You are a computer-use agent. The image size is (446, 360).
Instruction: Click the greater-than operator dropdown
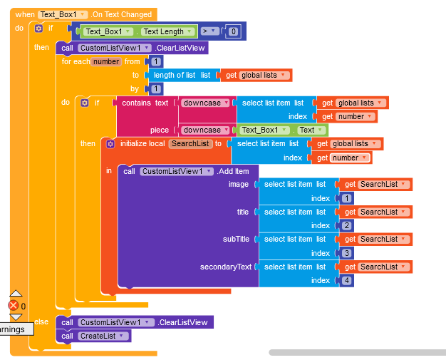pyautogui.click(x=209, y=31)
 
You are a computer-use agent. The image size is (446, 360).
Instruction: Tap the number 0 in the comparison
pyautogui.click(x=233, y=31)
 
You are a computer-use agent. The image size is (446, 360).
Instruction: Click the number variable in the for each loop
pyautogui.click(x=106, y=61)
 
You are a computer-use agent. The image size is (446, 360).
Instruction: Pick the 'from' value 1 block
pyautogui.click(x=156, y=61)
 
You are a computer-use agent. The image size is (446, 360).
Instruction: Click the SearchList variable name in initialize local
pyautogui.click(x=190, y=143)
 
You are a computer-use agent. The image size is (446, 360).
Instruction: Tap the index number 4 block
pyautogui.click(x=346, y=280)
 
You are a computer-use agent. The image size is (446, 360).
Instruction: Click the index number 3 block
pyautogui.click(x=346, y=253)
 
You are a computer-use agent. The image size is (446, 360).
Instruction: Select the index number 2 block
pyautogui.click(x=346, y=225)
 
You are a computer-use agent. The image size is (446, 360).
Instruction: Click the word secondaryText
pyautogui.click(x=226, y=267)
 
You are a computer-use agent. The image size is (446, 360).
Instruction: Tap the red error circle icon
pyautogui.click(x=13, y=305)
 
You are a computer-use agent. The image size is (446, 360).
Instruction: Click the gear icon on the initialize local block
pyautogui.click(x=110, y=143)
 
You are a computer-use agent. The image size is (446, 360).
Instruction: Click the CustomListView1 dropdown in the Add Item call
pyautogui.click(x=176, y=171)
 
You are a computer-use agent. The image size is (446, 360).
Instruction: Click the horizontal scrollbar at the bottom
pyautogui.click(x=356, y=352)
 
